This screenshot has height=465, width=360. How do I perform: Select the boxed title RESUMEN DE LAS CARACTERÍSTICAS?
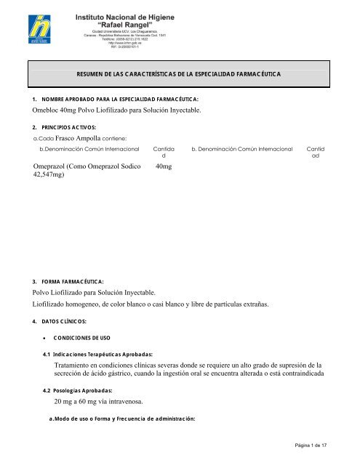pos(179,75)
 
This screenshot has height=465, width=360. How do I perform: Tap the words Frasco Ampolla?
pos(81,137)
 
